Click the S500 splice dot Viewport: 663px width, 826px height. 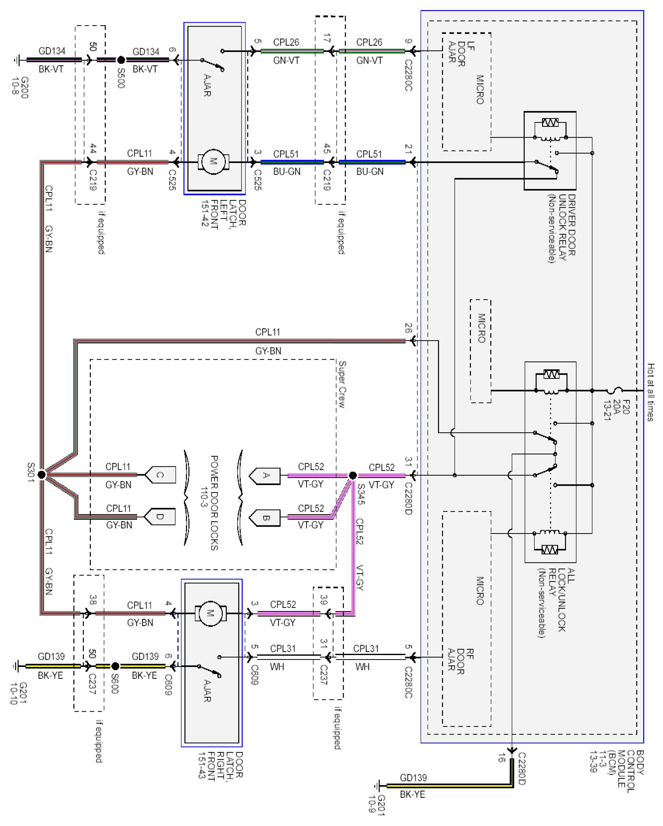pyautogui.click(x=121, y=60)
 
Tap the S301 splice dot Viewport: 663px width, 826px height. pyautogui.click(x=42, y=475)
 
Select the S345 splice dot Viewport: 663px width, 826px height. pyautogui.click(x=353, y=475)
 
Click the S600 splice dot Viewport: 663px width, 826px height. pyautogui.click(x=115, y=666)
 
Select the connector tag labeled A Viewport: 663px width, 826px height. pyautogui.click(x=265, y=475)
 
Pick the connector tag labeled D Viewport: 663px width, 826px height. pyautogui.click(x=160, y=517)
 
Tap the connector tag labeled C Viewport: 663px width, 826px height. pyautogui.click(x=160, y=475)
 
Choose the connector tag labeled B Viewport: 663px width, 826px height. pyautogui.click(x=265, y=518)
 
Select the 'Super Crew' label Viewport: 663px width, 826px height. pyautogui.click(x=342, y=384)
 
